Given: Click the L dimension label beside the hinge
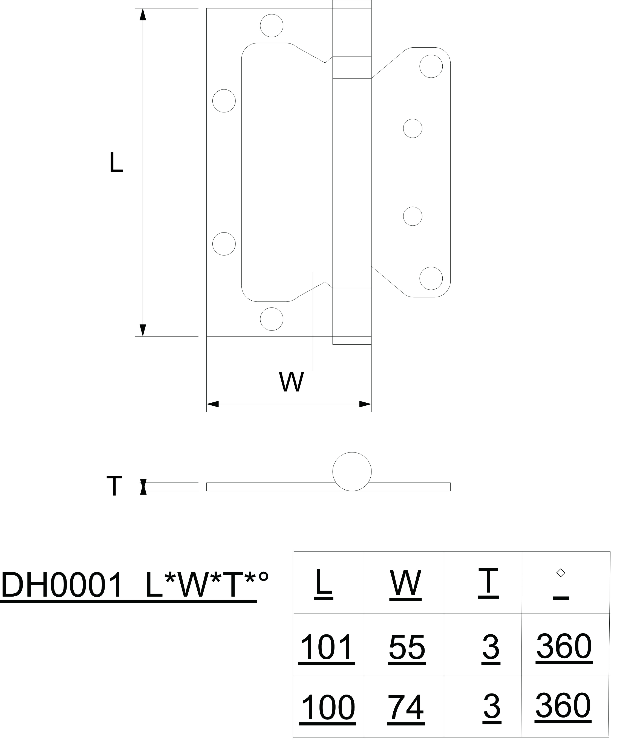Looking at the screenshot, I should point(116,162).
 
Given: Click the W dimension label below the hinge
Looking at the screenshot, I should point(291,382).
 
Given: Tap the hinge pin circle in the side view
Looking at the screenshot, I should point(352,471).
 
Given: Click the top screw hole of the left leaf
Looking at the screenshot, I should point(271,25).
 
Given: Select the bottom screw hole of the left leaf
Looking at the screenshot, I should point(271,319).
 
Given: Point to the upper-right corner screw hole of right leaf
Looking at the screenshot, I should point(431,66).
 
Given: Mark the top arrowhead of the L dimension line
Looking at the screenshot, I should point(143,14).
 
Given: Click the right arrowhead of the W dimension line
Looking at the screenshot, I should point(365,404).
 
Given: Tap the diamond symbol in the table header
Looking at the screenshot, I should point(560,573).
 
